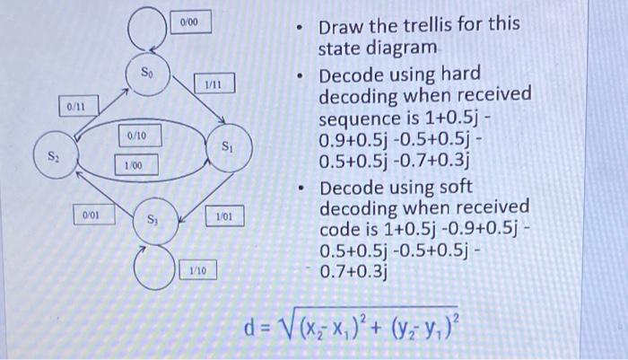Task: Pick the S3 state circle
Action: pyautogui.click(x=152, y=219)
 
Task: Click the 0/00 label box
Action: pyautogui.click(x=189, y=20)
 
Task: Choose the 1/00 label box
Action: pyautogui.click(x=134, y=165)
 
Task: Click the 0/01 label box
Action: pyautogui.click(x=91, y=215)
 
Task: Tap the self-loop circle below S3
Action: pyautogui.click(x=153, y=266)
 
